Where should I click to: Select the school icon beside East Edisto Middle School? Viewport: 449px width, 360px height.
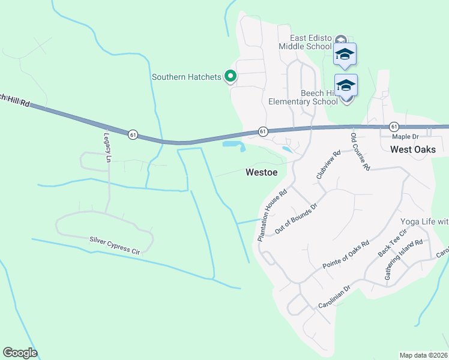[345, 54]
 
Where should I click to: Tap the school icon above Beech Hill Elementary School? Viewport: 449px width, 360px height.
[346, 85]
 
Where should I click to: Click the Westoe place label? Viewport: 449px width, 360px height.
[261, 172]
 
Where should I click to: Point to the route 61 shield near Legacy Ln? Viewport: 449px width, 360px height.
[133, 134]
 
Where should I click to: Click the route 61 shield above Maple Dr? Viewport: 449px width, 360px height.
[393, 126]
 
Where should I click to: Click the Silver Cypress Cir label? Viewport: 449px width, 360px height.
[114, 245]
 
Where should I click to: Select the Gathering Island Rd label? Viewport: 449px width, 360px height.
[404, 260]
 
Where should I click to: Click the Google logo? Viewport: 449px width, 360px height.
[20, 353]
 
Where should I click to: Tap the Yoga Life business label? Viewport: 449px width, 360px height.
[424, 221]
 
